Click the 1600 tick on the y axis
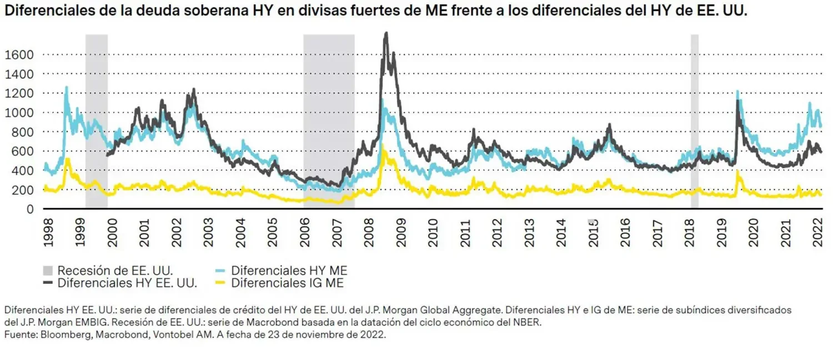point(19,54)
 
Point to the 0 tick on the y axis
point(31,209)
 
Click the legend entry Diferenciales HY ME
point(289,271)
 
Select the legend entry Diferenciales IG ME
point(287,283)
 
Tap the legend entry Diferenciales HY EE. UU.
point(127,283)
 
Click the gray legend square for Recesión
point(49,271)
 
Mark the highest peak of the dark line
point(386,33)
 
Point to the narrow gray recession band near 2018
point(694,111)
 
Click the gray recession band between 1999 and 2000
point(96,111)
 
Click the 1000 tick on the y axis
point(19,112)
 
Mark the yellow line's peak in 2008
point(382,145)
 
